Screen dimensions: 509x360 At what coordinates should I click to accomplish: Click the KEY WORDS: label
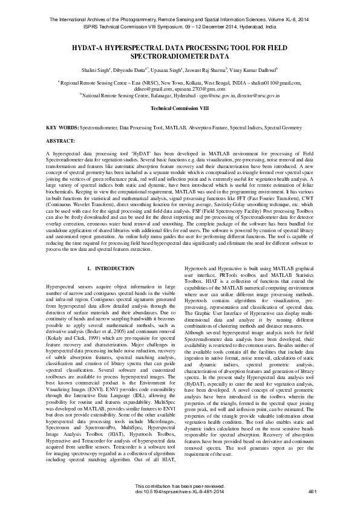pyautogui.click(x=62, y=129)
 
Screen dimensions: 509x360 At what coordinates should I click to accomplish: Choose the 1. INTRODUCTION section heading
pyautogui.click(x=106, y=268)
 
